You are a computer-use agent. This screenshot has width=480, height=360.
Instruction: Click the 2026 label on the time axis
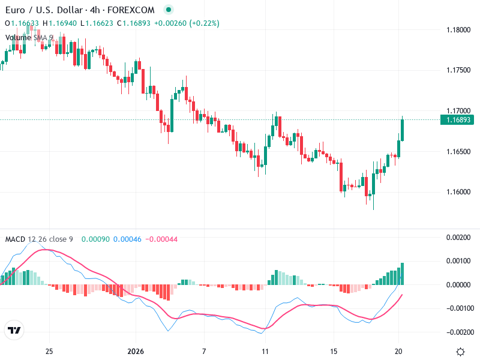coord(136,351)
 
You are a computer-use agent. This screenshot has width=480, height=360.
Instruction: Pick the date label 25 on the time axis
coord(49,351)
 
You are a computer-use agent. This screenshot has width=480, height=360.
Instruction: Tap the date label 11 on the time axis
coord(265,351)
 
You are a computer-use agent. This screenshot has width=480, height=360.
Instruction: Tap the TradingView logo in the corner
coord(14,330)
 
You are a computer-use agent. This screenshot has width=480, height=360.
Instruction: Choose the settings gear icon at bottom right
coord(460,351)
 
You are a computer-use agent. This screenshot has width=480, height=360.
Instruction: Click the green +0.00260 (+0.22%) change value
coord(187,23)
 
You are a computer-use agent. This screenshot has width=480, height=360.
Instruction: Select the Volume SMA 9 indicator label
coord(29,37)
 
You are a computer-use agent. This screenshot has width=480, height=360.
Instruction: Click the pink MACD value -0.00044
coord(161,239)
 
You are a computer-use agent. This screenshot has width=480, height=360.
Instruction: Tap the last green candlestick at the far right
coord(402,130)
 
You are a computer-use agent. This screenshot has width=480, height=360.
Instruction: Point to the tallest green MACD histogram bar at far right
coord(402,274)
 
